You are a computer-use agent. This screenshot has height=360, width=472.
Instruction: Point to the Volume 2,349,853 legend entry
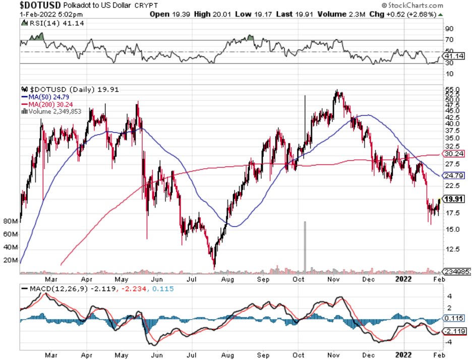52,111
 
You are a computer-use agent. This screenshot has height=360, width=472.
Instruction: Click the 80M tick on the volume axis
10,221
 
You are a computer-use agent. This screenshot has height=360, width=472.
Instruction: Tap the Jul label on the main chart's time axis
191,278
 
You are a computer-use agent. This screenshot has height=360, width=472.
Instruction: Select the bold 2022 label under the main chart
404,278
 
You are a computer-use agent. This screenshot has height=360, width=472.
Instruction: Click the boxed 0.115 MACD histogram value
452,319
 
